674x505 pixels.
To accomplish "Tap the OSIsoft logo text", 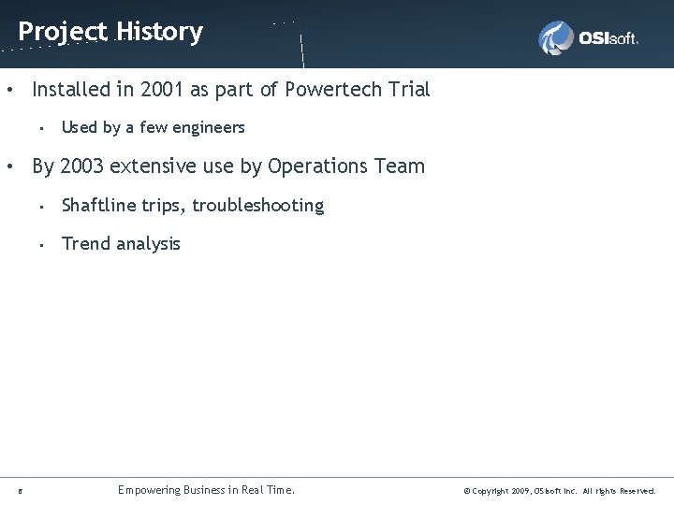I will coord(608,38).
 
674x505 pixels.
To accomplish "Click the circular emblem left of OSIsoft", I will coord(556,38).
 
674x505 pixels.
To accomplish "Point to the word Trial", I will coord(407,90).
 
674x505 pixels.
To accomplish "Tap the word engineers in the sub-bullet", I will coord(207,127).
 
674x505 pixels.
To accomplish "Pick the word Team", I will coord(401,166).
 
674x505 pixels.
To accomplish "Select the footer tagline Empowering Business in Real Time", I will coord(206,490).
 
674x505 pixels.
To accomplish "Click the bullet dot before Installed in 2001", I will coord(8,91).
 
